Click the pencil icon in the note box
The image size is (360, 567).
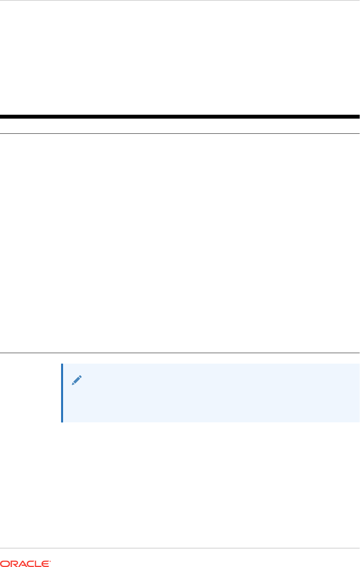(77, 380)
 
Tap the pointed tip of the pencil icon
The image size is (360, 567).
(72, 384)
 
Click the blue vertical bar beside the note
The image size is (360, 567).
(62, 393)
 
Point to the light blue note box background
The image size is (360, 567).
(210, 393)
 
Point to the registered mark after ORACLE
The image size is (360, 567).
(50, 561)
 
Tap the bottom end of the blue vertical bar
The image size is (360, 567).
(62, 421)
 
